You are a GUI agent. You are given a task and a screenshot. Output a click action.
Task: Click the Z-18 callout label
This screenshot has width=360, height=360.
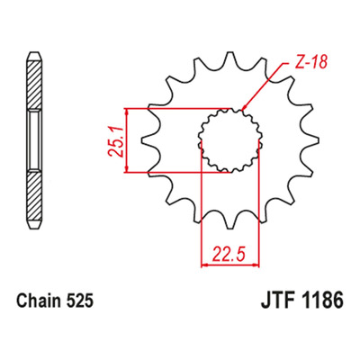point(308,63)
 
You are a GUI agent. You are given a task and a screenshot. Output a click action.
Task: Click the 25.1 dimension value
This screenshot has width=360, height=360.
point(115,142)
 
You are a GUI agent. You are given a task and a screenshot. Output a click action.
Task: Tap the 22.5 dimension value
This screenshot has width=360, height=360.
point(229,254)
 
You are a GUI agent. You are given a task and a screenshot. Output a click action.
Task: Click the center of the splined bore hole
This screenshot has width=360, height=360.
point(229,140)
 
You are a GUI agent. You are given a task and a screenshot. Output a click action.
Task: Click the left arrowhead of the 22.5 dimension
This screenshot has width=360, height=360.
point(204,265)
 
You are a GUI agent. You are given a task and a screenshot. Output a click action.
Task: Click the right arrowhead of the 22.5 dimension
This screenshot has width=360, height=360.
point(256,265)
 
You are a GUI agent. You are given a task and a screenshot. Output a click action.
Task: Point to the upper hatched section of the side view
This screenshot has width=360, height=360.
point(34,85)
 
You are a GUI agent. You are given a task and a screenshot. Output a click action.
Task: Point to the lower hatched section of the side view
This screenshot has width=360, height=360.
point(34,196)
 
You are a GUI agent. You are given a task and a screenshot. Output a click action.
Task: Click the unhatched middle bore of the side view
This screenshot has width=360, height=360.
point(34,140)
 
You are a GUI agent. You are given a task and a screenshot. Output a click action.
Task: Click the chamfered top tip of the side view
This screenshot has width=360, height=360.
point(34,56)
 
